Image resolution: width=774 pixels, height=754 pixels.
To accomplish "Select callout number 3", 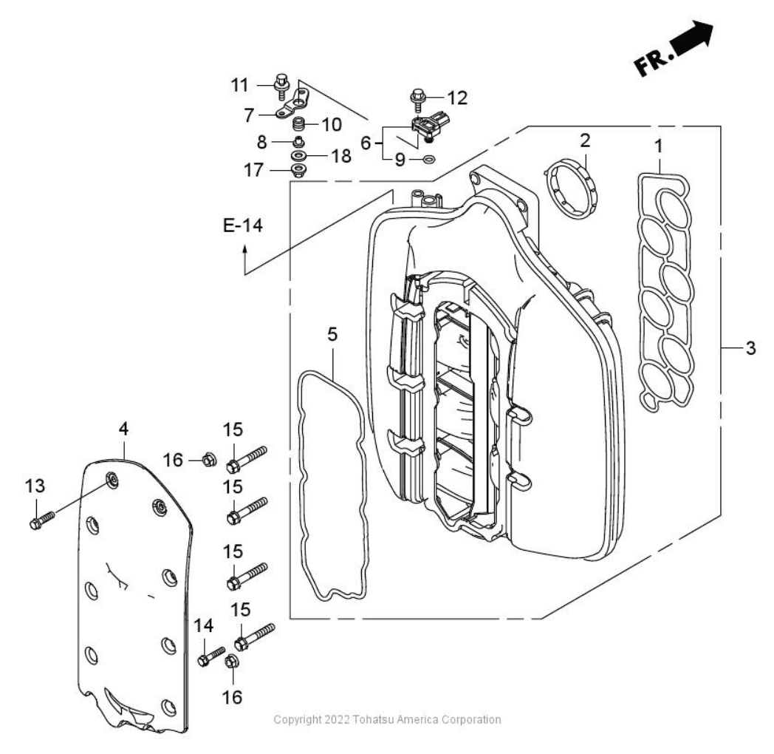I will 750,347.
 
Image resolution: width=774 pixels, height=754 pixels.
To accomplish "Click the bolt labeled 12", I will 417,97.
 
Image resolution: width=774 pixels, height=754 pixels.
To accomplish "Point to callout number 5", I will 332,335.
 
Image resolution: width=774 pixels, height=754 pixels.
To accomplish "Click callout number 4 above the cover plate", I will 124,428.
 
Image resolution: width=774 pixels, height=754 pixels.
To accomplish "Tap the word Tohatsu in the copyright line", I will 354,719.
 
